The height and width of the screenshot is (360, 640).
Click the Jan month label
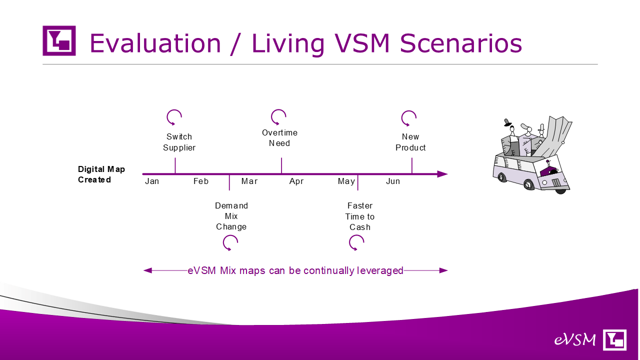[x=151, y=181]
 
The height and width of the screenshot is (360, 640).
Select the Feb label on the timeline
[x=201, y=181]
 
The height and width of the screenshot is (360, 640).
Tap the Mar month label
[x=249, y=181]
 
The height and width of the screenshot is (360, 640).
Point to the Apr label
[x=296, y=181]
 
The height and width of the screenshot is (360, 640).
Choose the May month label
[x=346, y=181]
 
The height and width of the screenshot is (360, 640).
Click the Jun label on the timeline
[x=393, y=181]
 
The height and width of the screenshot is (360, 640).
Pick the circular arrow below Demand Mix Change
[x=223, y=243]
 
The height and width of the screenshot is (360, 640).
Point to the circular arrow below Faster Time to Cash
[x=349, y=243]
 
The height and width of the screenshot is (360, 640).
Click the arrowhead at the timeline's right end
[x=442, y=174]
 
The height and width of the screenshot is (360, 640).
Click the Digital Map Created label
[x=101, y=174]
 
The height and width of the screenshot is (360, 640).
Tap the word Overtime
[x=279, y=132]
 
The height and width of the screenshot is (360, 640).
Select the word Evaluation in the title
[x=155, y=43]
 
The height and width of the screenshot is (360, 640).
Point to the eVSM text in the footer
[x=575, y=339]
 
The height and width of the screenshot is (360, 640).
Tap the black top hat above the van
[x=507, y=122]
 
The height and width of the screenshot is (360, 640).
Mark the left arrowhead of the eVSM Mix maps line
[x=147, y=270]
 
